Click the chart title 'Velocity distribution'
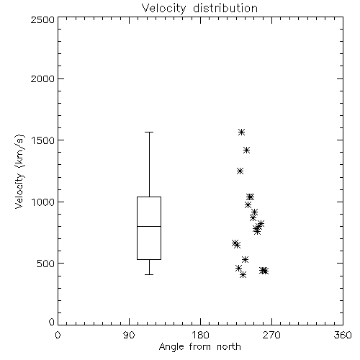[x=199, y=8]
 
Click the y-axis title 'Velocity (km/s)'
[x=19, y=171]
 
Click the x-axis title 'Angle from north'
[x=199, y=347]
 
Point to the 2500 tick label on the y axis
[x=42, y=19]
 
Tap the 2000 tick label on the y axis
[x=42, y=78]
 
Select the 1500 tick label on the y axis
[x=43, y=140]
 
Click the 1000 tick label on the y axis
[x=43, y=202]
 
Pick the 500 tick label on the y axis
[x=46, y=264]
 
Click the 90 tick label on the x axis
[x=129, y=335]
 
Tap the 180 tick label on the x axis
[x=200, y=335]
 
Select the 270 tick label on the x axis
[x=271, y=335]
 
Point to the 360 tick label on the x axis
[x=343, y=335]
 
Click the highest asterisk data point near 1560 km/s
[x=241, y=132]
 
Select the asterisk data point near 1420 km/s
[x=246, y=150]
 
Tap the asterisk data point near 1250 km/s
[x=240, y=171]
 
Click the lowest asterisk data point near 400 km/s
[x=243, y=275]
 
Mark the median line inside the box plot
[x=149, y=226]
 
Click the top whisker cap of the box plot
[x=149, y=132]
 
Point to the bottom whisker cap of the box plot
[x=149, y=274]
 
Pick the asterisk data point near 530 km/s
[x=245, y=259]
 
